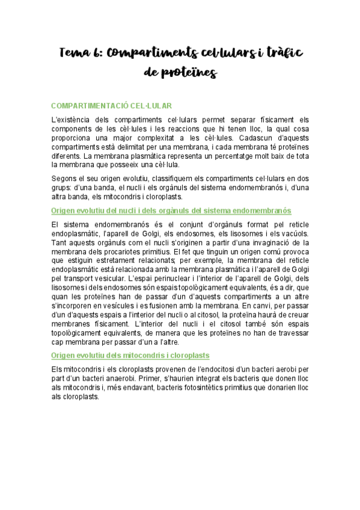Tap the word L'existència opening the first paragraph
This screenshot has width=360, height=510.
click(x=74, y=120)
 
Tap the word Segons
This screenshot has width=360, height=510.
click(x=65, y=177)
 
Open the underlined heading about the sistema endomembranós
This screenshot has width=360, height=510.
click(x=171, y=210)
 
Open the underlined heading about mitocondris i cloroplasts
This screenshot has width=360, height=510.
click(x=130, y=355)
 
